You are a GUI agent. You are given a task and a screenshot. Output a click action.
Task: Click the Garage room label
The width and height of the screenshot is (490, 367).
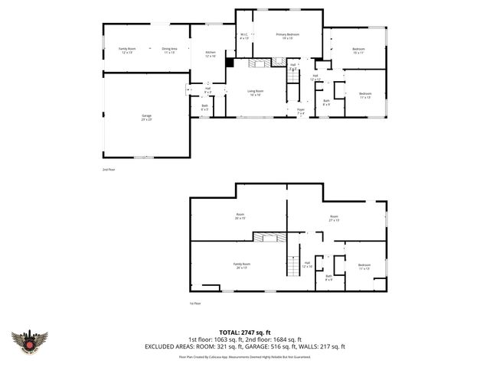[145, 117]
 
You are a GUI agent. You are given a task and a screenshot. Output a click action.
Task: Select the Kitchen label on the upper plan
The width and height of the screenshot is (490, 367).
[211, 54]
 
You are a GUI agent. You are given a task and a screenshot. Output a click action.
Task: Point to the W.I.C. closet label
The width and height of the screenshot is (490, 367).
[244, 36]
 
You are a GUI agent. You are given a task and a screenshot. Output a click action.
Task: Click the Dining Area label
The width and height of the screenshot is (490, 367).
[169, 50]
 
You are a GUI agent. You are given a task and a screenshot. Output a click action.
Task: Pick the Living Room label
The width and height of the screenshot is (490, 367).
[254, 93]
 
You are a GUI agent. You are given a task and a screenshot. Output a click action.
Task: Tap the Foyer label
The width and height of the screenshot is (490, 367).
[301, 112]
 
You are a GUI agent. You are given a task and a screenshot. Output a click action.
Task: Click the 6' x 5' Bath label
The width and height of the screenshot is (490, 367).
[204, 108]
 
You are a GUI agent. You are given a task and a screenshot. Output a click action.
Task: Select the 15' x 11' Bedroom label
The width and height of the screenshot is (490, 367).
[358, 50]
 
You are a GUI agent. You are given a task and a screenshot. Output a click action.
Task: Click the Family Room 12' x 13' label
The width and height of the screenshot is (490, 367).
[126, 50]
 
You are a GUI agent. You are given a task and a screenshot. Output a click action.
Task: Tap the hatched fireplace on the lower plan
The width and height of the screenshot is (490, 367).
[269, 238]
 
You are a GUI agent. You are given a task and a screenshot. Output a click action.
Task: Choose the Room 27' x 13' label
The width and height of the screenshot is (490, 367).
[334, 218]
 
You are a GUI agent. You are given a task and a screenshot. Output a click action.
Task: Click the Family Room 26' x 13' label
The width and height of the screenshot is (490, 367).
[242, 265]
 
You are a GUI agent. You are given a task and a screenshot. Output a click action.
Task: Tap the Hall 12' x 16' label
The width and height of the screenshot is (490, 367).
[307, 265]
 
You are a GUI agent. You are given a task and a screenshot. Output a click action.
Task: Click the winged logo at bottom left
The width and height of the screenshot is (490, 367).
[30, 341]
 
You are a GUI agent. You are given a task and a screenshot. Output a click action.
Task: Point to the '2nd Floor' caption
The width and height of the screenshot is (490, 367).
[109, 169]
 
